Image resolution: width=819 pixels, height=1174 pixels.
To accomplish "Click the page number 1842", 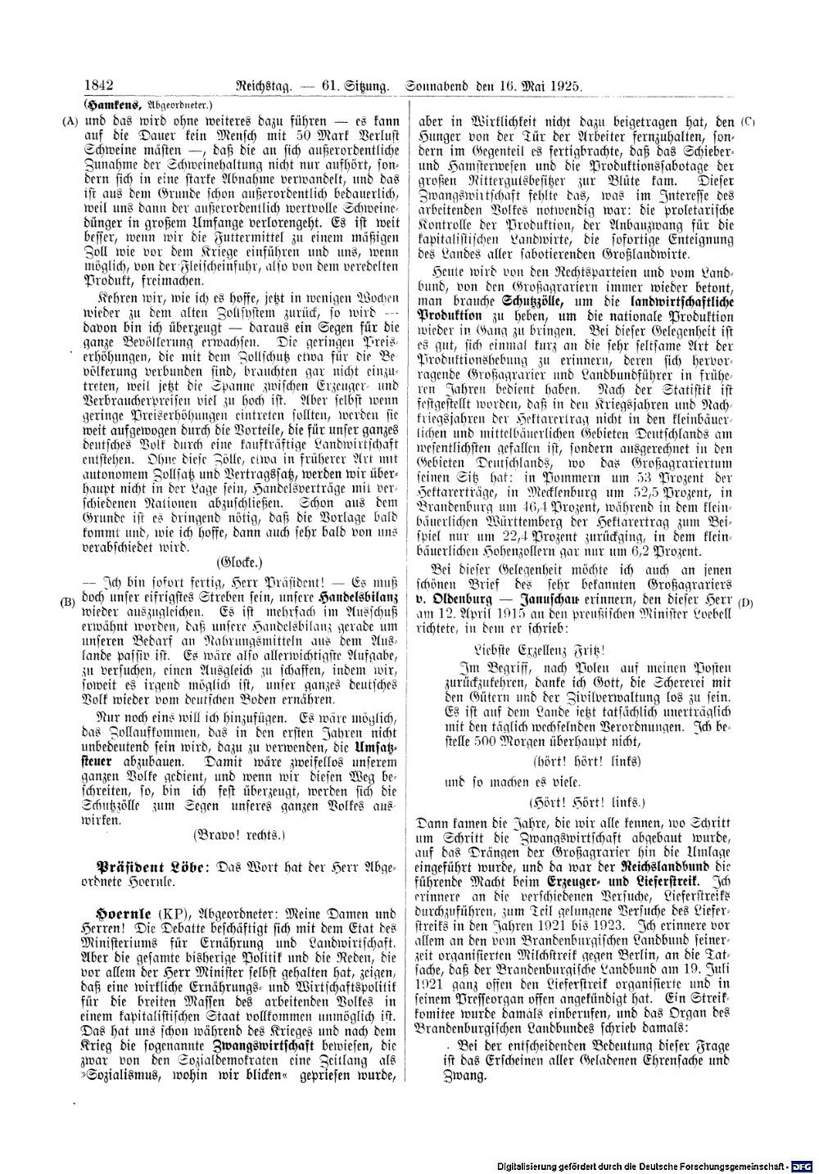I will pos(97,85).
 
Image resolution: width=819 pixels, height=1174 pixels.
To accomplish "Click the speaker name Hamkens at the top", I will pos(107,104).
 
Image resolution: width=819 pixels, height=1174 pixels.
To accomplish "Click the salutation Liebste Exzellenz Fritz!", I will pos(532,649).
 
